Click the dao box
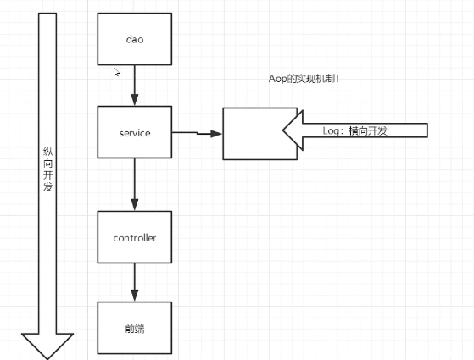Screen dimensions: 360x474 (x=134, y=40)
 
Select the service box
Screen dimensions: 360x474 (x=134, y=132)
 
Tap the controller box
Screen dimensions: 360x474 (x=134, y=238)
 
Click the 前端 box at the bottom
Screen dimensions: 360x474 (x=134, y=327)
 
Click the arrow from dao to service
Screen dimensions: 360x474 (x=134, y=86)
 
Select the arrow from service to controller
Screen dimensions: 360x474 (x=134, y=184)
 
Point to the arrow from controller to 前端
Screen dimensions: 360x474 (x=134, y=282)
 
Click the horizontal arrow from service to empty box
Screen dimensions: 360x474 (x=196, y=133)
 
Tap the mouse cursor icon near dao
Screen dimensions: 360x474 (x=117, y=73)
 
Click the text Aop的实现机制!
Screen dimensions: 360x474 (x=304, y=78)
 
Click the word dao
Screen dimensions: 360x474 (x=134, y=40)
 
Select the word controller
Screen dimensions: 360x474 (x=134, y=238)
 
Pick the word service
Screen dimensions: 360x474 (x=134, y=133)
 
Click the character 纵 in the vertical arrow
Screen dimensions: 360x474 (x=47, y=150)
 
